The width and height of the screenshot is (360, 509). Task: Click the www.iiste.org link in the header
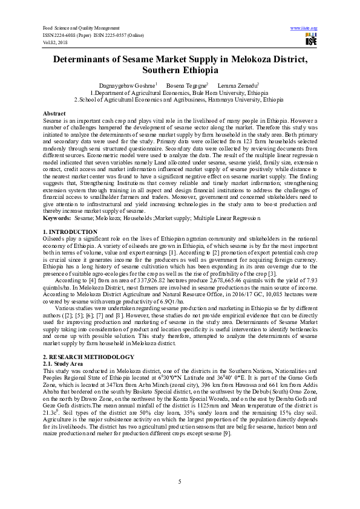[x=304, y=28]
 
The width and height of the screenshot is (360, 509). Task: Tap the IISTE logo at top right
[x=311, y=41]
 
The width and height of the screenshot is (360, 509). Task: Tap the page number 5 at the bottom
[x=180, y=481]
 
